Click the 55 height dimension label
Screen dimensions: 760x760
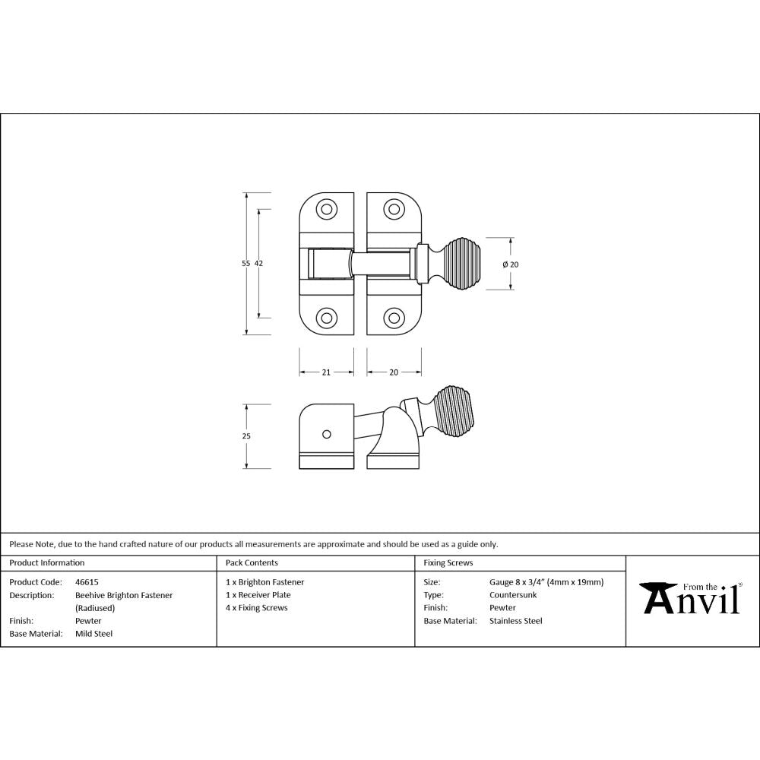245,263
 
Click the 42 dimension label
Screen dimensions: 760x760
258,263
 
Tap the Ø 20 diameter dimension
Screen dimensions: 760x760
511,264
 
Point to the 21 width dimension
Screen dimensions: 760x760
326,372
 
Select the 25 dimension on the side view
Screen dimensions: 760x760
245,436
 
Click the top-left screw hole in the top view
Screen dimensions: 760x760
327,209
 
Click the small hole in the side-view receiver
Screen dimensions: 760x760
327,434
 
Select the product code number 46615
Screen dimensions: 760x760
87,582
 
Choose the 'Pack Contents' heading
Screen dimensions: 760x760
252,563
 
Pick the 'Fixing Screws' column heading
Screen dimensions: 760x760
448,563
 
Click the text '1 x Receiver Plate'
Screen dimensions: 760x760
258,595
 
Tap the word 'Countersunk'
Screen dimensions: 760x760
513,595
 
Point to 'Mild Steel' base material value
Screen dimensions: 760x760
94,633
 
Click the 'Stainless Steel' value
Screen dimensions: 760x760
516,621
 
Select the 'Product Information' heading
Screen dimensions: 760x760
47,563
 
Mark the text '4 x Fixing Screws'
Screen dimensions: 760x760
257,608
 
